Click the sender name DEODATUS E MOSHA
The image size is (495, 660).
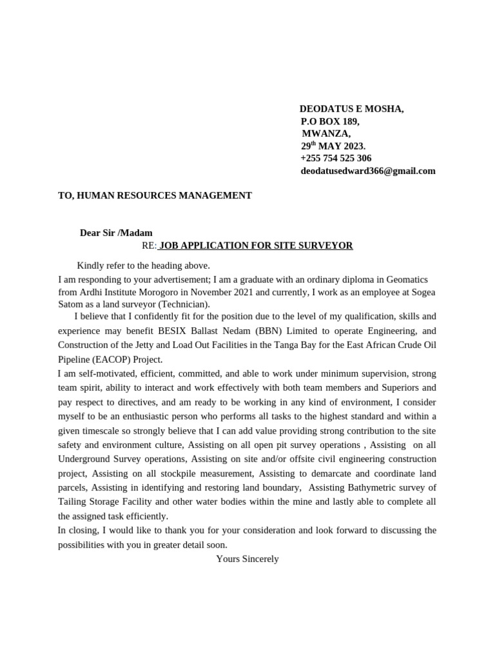pos(351,109)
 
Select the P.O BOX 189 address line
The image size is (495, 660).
pos(330,121)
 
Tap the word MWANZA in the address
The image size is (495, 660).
pos(326,133)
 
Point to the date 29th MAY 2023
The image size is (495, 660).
pos(333,146)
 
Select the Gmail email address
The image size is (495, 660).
pos(367,171)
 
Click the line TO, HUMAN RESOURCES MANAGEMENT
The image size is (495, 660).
pos(155,195)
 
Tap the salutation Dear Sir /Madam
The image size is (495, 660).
pos(116,233)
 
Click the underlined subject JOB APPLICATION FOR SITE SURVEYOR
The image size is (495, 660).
pos(255,246)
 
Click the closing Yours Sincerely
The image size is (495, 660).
pos(247,559)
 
